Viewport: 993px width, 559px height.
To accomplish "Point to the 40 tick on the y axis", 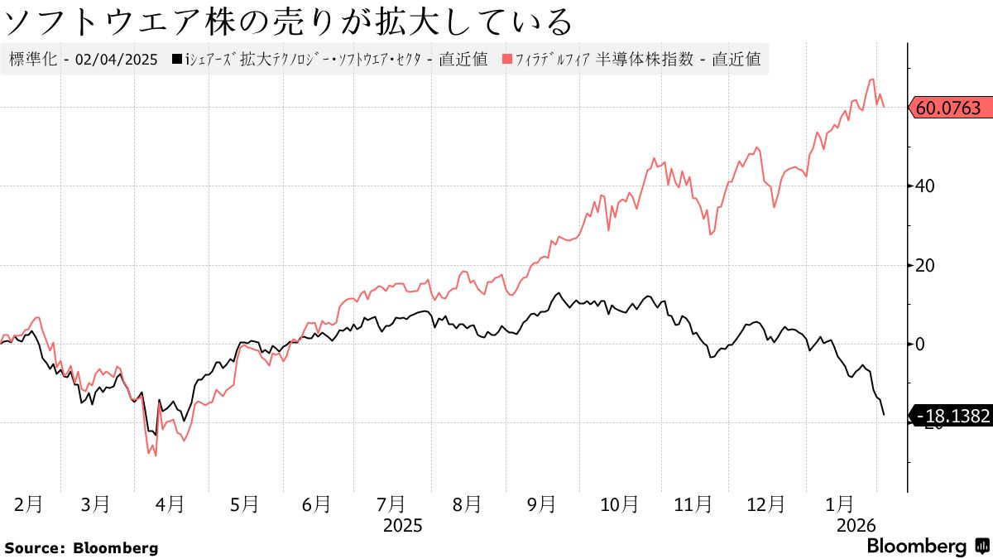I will coord(925,186).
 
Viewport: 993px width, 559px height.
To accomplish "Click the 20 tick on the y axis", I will coord(925,265).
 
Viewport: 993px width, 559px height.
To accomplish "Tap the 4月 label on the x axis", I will coord(170,504).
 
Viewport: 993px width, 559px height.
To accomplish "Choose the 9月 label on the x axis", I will coord(542,504).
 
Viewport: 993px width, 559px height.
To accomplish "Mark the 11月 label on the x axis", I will coord(693,504).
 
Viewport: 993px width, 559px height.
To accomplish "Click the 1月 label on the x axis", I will coord(841,504).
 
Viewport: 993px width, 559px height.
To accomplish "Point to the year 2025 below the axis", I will coord(403,526).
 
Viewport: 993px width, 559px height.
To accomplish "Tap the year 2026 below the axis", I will coord(856,526).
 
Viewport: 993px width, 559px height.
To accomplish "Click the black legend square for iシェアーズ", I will coord(176,60).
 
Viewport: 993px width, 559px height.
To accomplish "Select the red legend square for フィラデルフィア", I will coord(505,60).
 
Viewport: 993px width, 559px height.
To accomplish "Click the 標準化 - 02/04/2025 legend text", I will coord(83,60).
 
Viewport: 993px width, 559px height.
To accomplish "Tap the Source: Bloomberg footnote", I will coord(81,548).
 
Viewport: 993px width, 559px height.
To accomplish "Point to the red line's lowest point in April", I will coord(156,455).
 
